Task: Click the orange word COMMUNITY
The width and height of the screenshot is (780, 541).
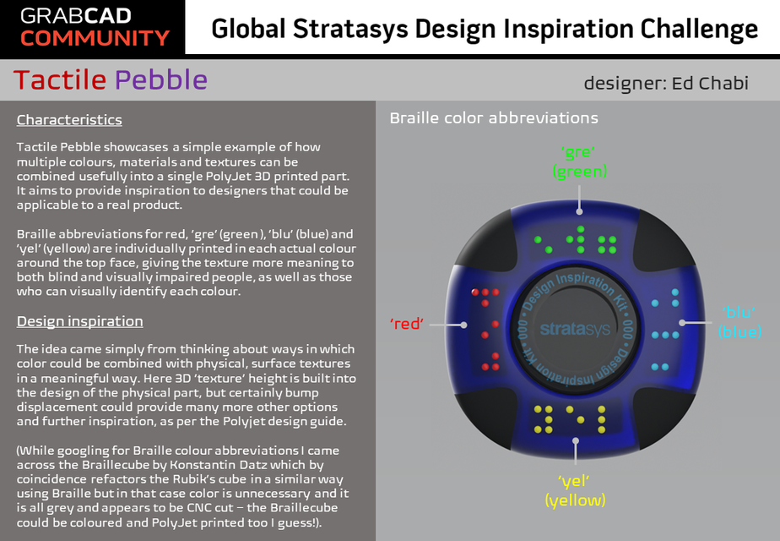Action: pyautogui.click(x=95, y=38)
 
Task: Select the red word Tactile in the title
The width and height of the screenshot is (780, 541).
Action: pyautogui.click(x=60, y=79)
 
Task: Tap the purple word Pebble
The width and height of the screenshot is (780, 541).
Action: pyautogui.click(x=160, y=79)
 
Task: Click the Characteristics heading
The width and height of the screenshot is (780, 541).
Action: pyautogui.click(x=69, y=119)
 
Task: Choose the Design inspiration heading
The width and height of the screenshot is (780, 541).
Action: pyautogui.click(x=79, y=321)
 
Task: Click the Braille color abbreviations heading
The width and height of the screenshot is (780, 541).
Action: pyautogui.click(x=494, y=117)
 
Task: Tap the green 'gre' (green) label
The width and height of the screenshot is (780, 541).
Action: pyautogui.click(x=579, y=161)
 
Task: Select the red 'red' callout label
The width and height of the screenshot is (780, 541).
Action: pyautogui.click(x=406, y=324)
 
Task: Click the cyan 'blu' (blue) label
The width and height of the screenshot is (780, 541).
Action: pyautogui.click(x=739, y=322)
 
